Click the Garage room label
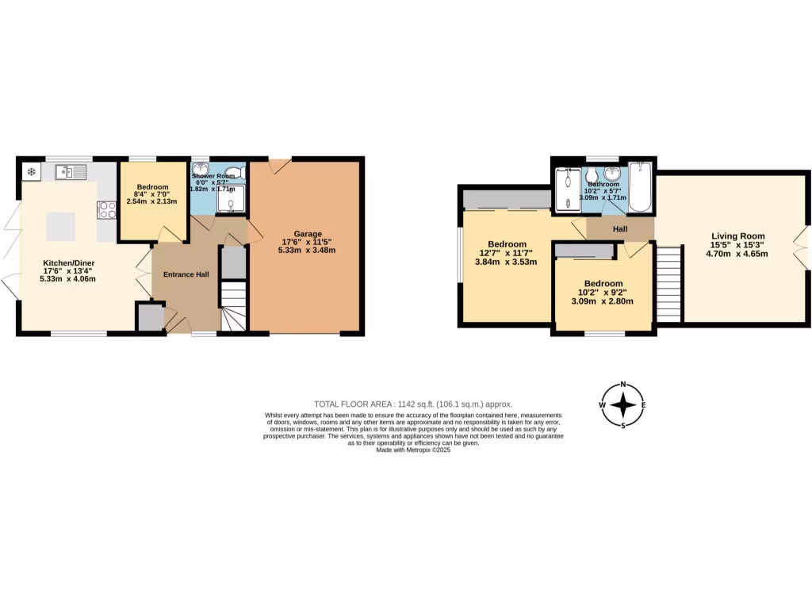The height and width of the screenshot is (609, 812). click(308, 234)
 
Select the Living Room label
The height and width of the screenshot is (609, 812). click(737, 236)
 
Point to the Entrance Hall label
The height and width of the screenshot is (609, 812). click(186, 274)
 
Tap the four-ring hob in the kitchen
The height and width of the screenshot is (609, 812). click(107, 210)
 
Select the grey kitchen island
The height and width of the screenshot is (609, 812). click(61, 227)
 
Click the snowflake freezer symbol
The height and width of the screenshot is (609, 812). click(32, 171)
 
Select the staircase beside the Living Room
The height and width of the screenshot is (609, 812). click(669, 283)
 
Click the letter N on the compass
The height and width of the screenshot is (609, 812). click(623, 385)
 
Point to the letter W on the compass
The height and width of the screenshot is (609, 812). click(603, 405)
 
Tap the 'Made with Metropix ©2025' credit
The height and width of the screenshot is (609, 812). click(412, 450)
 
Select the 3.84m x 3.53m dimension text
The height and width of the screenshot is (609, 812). click(506, 262)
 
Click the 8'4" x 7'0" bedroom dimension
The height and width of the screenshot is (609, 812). click(152, 194)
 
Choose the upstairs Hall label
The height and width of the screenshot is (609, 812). click(621, 228)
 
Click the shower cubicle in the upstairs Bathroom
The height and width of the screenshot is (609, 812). click(567, 190)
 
